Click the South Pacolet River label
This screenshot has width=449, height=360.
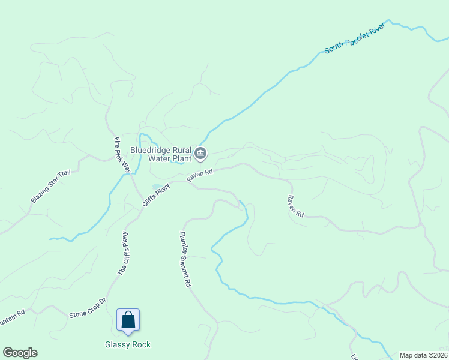coord(354,39)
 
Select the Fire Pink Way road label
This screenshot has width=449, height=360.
coord(122,155)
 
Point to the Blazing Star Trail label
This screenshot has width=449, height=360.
coord(51,187)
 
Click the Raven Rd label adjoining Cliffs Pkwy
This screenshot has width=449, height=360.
coord(200,176)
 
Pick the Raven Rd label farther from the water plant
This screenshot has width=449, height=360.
coord(295,206)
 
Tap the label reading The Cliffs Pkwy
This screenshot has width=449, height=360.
coord(123,253)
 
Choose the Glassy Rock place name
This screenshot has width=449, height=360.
coord(128,344)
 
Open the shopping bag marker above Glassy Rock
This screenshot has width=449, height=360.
coord(128,320)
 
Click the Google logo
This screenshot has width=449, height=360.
coord(20,353)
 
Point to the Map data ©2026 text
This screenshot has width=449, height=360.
coord(423,355)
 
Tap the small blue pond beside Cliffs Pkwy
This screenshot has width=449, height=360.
coord(157,186)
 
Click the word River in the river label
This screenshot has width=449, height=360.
coord(373,32)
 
